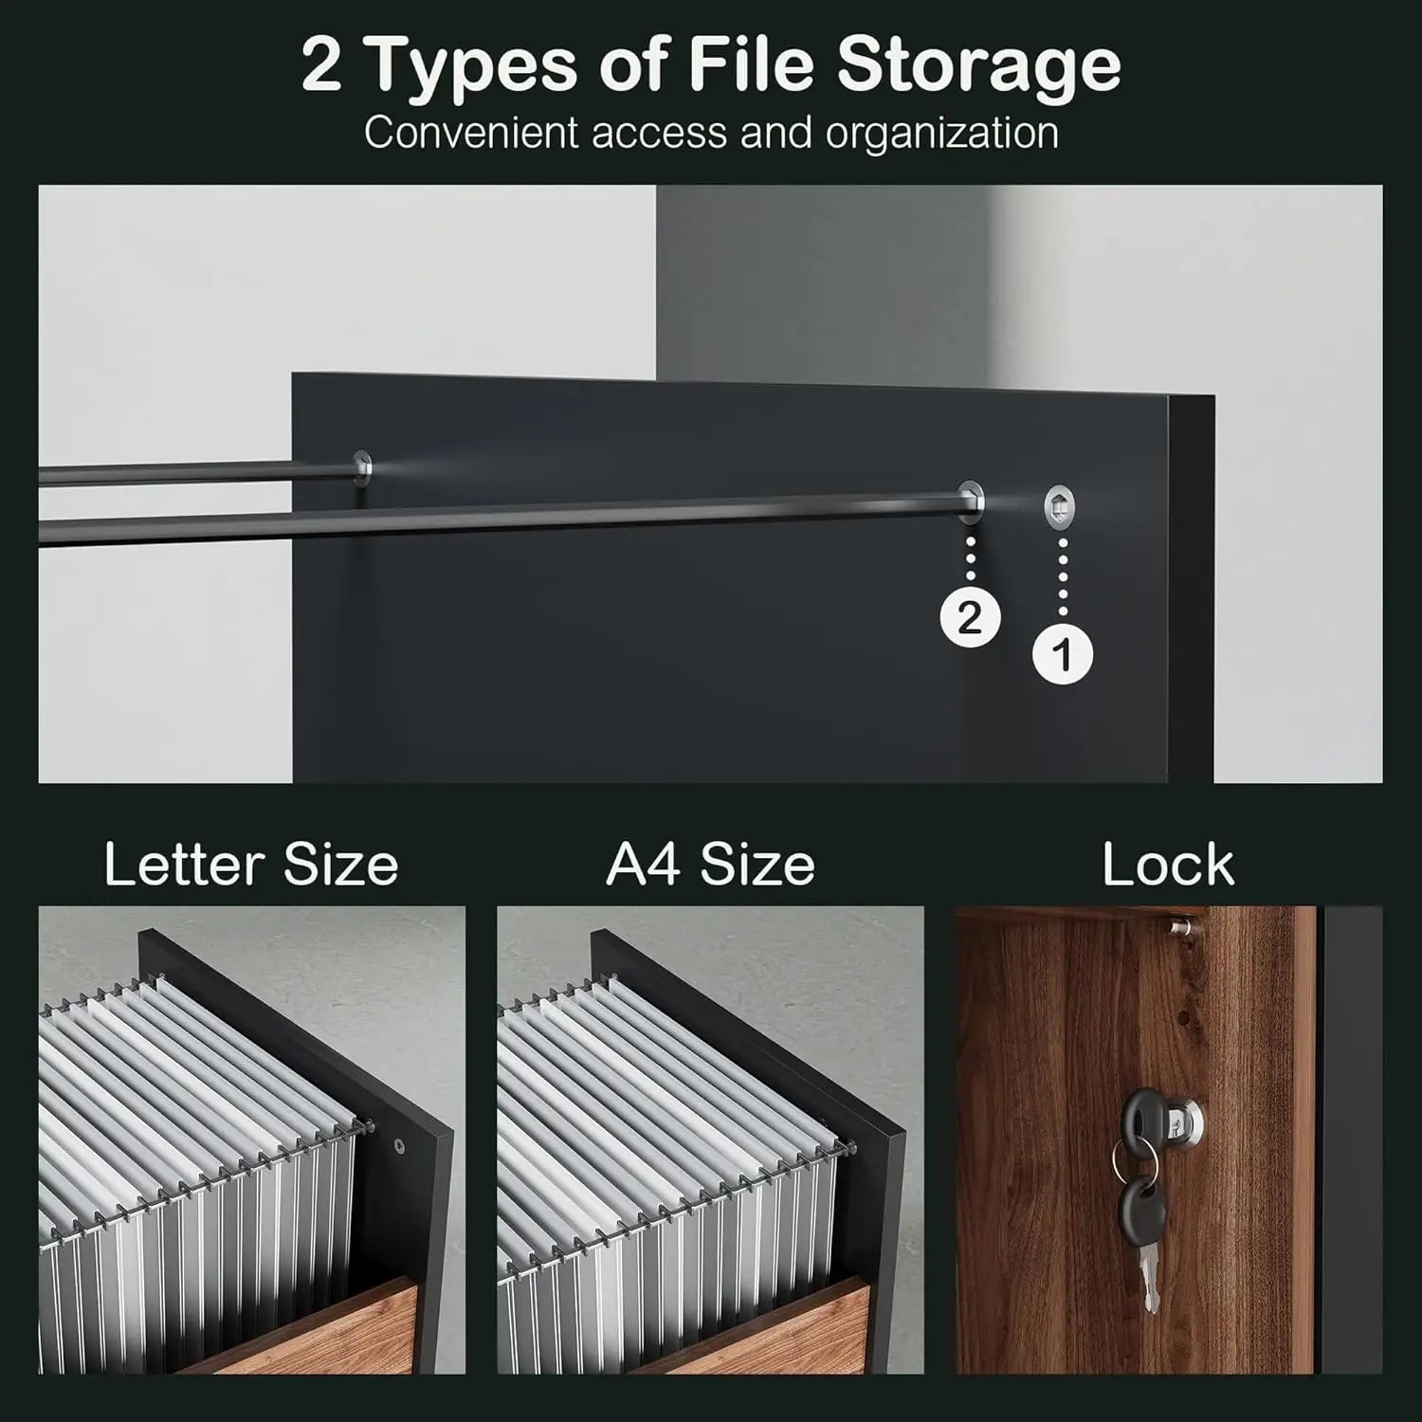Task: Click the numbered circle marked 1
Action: tap(1062, 654)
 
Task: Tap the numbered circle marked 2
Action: tap(970, 618)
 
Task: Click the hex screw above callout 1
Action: tap(1059, 506)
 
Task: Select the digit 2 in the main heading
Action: tap(322, 64)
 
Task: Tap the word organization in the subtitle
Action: tap(941, 134)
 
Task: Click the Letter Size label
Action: tap(251, 865)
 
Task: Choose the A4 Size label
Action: tap(710, 865)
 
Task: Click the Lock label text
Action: tap(1168, 865)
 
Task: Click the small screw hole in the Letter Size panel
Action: tap(399, 1144)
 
